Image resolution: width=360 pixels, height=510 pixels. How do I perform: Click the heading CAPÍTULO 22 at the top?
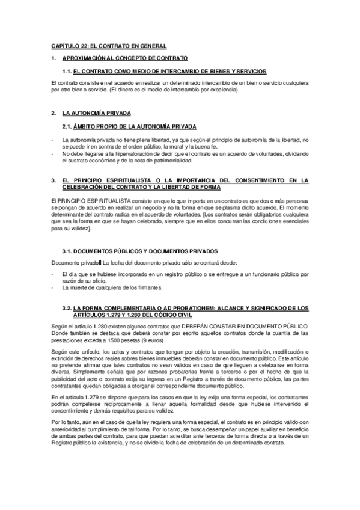[108, 46]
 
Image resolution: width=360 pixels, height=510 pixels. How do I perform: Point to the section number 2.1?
[66, 126]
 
